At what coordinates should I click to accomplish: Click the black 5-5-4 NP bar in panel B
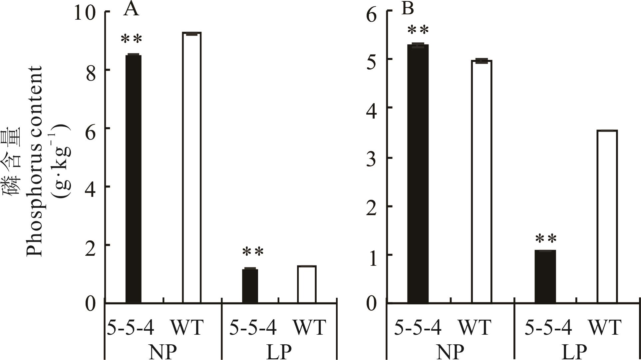coord(418,174)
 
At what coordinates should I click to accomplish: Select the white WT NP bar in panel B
coord(481,181)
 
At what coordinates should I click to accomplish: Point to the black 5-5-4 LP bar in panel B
coord(545,276)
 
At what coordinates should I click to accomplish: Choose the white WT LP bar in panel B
coord(607,216)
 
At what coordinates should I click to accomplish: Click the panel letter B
coord(408,9)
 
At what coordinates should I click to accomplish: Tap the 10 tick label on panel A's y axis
coord(85,13)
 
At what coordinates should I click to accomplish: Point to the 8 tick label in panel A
coord(91,71)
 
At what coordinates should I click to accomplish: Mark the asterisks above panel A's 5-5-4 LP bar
coord(253,252)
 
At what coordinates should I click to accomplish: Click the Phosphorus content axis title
coord(35,161)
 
